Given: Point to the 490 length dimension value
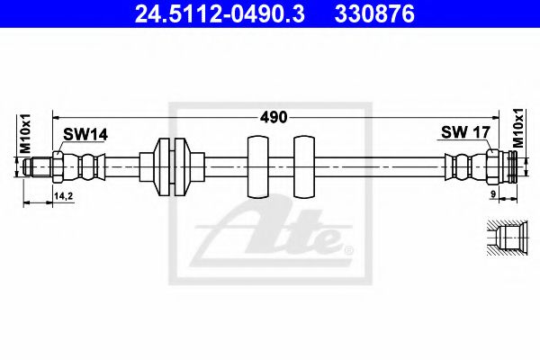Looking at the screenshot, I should click(x=274, y=117).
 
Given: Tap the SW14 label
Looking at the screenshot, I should click(x=85, y=134).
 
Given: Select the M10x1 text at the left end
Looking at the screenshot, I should click(x=26, y=135).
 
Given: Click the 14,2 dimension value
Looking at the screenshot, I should click(x=64, y=194).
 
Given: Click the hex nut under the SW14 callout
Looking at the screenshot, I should click(x=58, y=166).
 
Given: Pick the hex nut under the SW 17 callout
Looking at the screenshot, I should click(x=492, y=166).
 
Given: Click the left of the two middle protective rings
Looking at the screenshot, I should click(x=256, y=166).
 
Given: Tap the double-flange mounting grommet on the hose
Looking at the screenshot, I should click(x=171, y=166).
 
